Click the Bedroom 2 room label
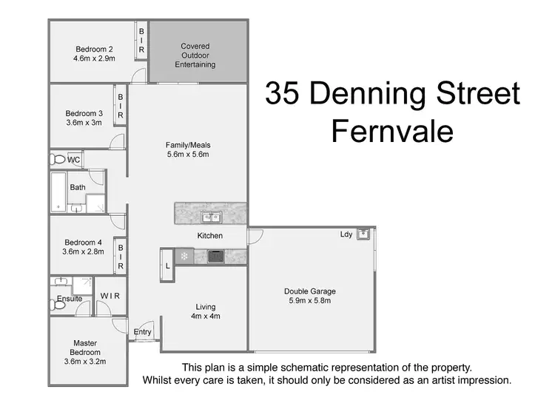pyautogui.click(x=94, y=47)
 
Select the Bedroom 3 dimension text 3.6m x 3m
pyautogui.click(x=83, y=124)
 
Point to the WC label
pyautogui.click(x=74, y=160)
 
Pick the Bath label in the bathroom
pyautogui.click(x=78, y=187)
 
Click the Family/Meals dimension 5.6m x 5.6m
pyautogui.click(x=188, y=155)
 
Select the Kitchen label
pyautogui.click(x=209, y=236)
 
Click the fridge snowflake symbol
pyautogui.click(x=184, y=257)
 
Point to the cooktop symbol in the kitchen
pyautogui.click(x=215, y=257)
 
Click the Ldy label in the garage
pyautogui.click(x=346, y=234)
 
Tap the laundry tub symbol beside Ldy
pyautogui.click(x=363, y=234)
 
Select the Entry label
pyautogui.click(x=142, y=332)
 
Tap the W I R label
pyautogui.click(x=110, y=296)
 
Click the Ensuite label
pyautogui.click(x=70, y=299)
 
